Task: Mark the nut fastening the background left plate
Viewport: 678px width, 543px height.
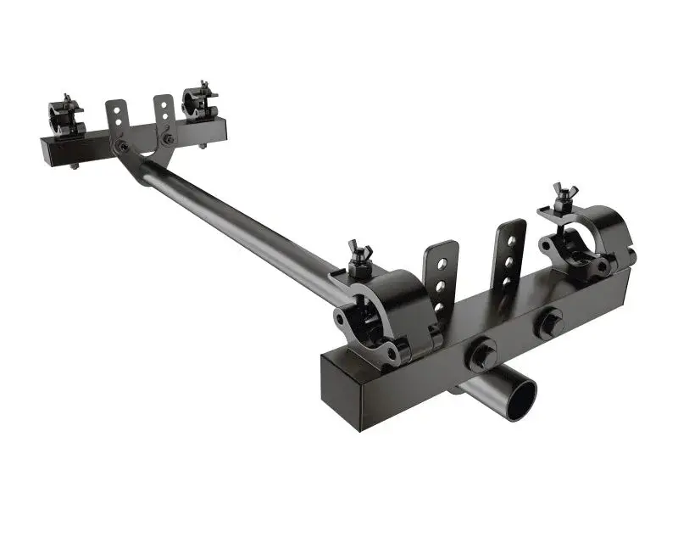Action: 124,147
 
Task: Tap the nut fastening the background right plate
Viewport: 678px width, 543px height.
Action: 169,138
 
